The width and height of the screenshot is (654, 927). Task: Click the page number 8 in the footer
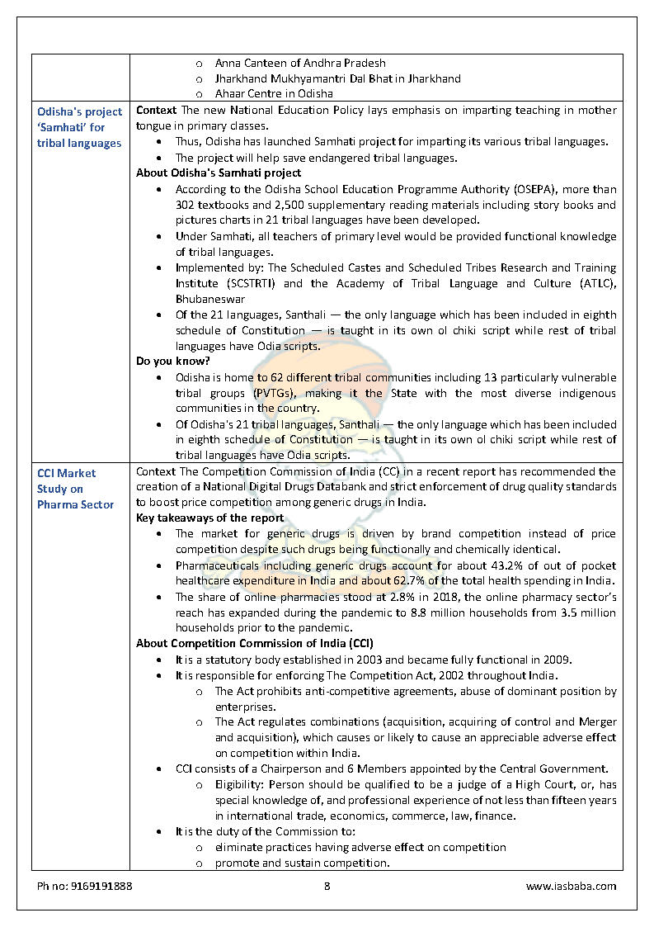327,887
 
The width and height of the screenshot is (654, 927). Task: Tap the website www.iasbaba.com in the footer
571,887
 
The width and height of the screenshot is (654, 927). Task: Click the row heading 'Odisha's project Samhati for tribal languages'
79,127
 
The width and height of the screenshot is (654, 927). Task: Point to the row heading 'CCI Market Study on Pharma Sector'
75,489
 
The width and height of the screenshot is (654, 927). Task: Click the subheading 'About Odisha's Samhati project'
219,173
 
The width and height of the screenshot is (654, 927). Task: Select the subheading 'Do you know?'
172,362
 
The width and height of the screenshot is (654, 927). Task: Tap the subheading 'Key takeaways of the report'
209,518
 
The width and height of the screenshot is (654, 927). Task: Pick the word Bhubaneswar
210,299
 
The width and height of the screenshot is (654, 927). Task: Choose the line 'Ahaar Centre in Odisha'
274,94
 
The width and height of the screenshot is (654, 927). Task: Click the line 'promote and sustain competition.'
302,863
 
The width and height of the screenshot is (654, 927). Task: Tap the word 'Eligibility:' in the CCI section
238,784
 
